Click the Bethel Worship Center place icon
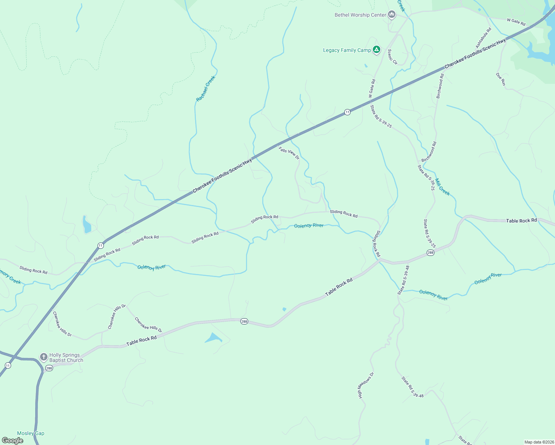[391, 15]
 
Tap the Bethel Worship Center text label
[360, 15]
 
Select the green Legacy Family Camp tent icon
[377, 49]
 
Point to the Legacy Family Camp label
[347, 50]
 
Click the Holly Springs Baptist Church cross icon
[44, 357]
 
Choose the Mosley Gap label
[31, 433]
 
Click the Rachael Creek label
[206, 89]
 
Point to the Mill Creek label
[442, 187]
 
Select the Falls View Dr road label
[289, 153]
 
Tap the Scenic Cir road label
[393, 57]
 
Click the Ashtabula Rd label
[483, 38]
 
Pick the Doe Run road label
[501, 79]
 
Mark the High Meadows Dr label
[366, 386]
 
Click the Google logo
[13, 441]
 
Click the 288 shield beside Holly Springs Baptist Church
[49, 368]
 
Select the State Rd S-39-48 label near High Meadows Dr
[412, 387]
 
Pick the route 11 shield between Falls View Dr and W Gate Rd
[347, 112]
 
